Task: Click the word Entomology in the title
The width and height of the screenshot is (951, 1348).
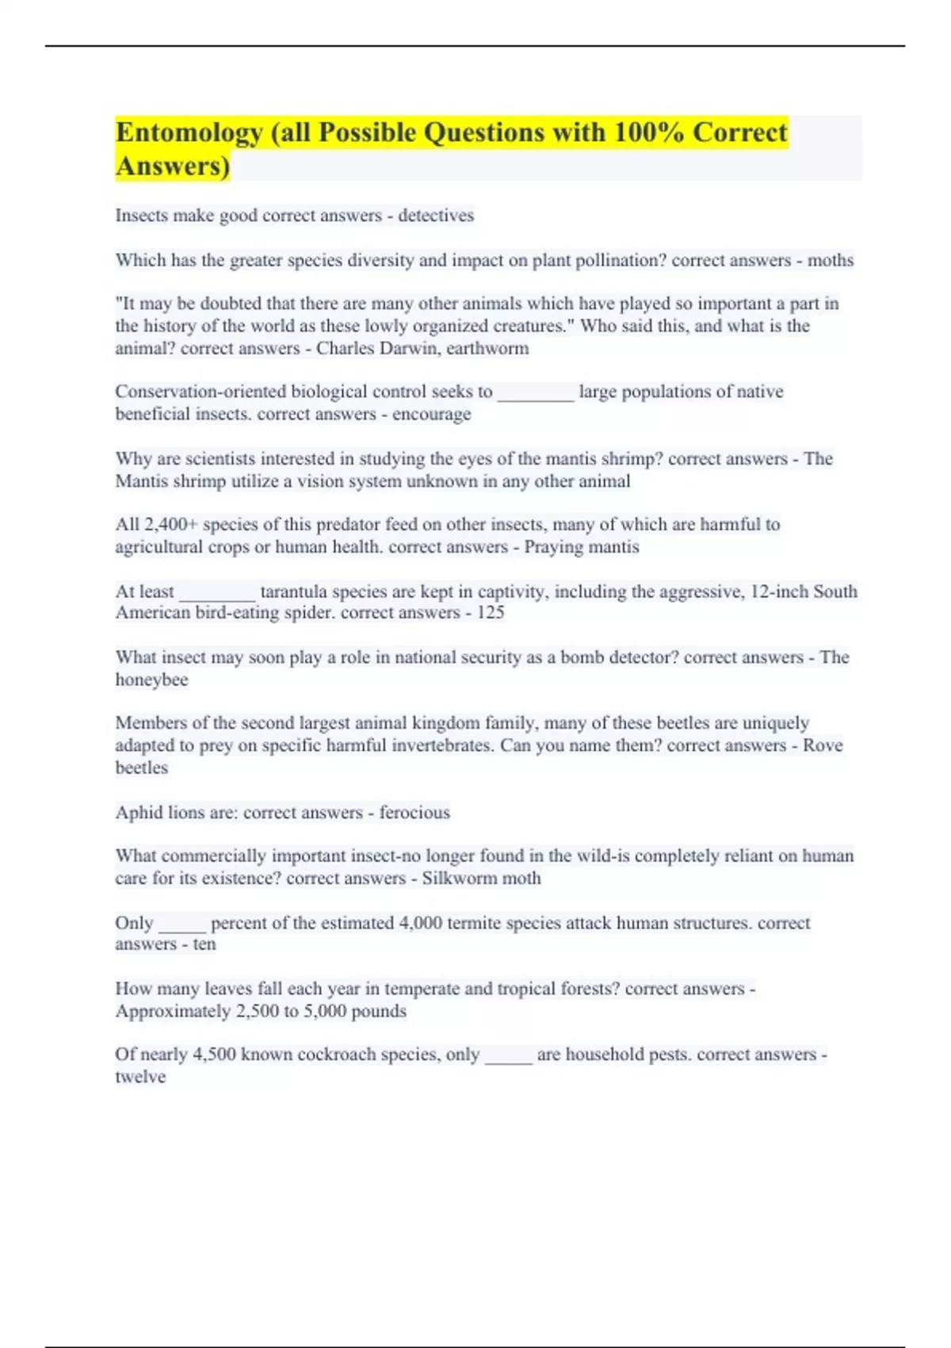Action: click(189, 133)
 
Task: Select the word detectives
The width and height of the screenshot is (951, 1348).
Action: click(436, 216)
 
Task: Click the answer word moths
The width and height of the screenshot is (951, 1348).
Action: click(830, 260)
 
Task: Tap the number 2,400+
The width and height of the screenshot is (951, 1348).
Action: click(170, 524)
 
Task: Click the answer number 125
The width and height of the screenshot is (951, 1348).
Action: click(491, 612)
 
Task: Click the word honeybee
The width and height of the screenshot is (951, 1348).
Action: click(151, 680)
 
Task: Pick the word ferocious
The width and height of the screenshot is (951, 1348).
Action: click(414, 812)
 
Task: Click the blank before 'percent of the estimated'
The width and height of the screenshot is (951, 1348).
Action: click(182, 925)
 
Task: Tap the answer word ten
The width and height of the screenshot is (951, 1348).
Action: click(204, 944)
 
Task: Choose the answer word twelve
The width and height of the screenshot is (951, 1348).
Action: click(140, 1076)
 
